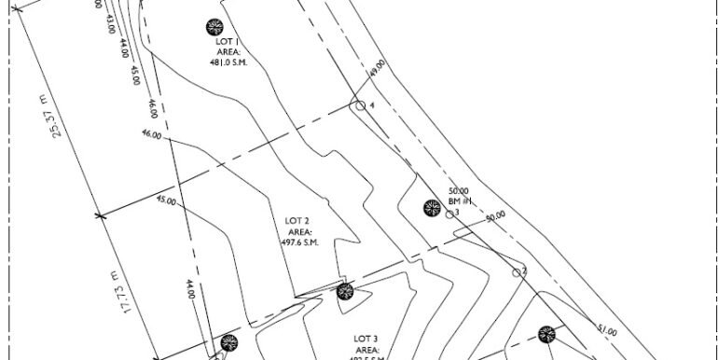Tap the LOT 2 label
[297, 221]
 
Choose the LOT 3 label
[366, 338]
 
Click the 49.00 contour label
[378, 69]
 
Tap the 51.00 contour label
[607, 330]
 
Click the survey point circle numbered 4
[358, 106]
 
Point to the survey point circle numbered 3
[449, 214]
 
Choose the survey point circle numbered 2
[516, 272]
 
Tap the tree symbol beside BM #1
[431, 208]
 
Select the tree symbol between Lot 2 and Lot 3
[345, 293]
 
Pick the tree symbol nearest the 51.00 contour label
[546, 334]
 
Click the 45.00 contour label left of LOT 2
[166, 200]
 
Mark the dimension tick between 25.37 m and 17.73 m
[100, 215]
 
